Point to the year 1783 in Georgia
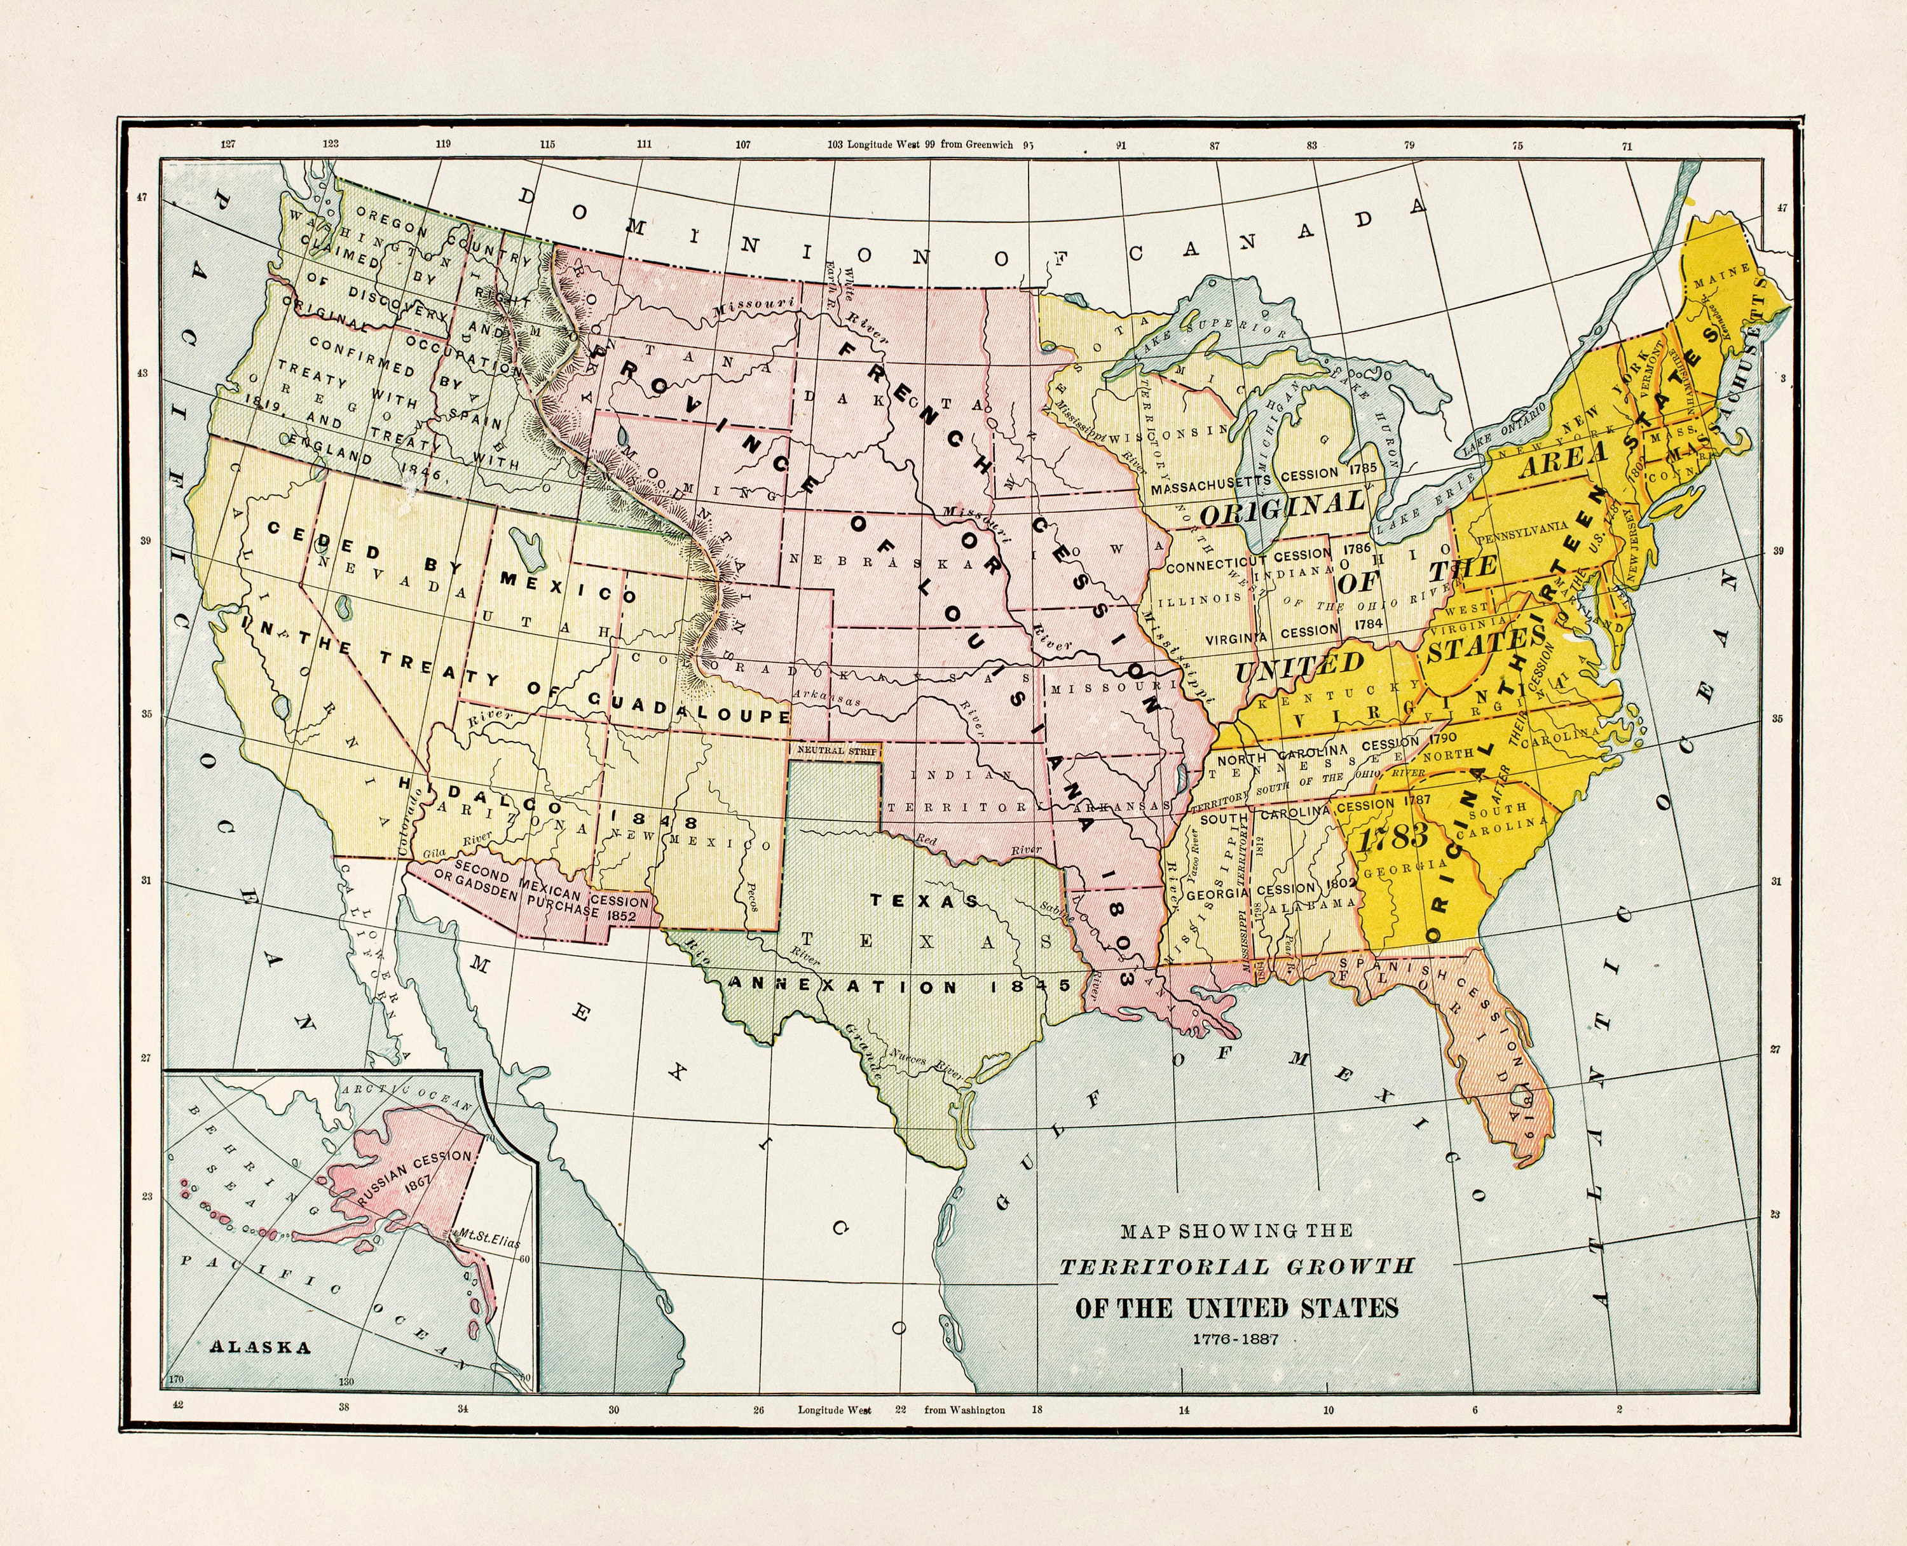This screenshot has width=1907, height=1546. coord(1397,836)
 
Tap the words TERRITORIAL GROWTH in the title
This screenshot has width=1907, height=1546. coord(1236,1266)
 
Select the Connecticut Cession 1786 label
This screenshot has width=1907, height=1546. coord(1256,560)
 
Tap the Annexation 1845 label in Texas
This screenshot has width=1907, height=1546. coord(899,987)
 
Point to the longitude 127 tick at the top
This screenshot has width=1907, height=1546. coord(228,144)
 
